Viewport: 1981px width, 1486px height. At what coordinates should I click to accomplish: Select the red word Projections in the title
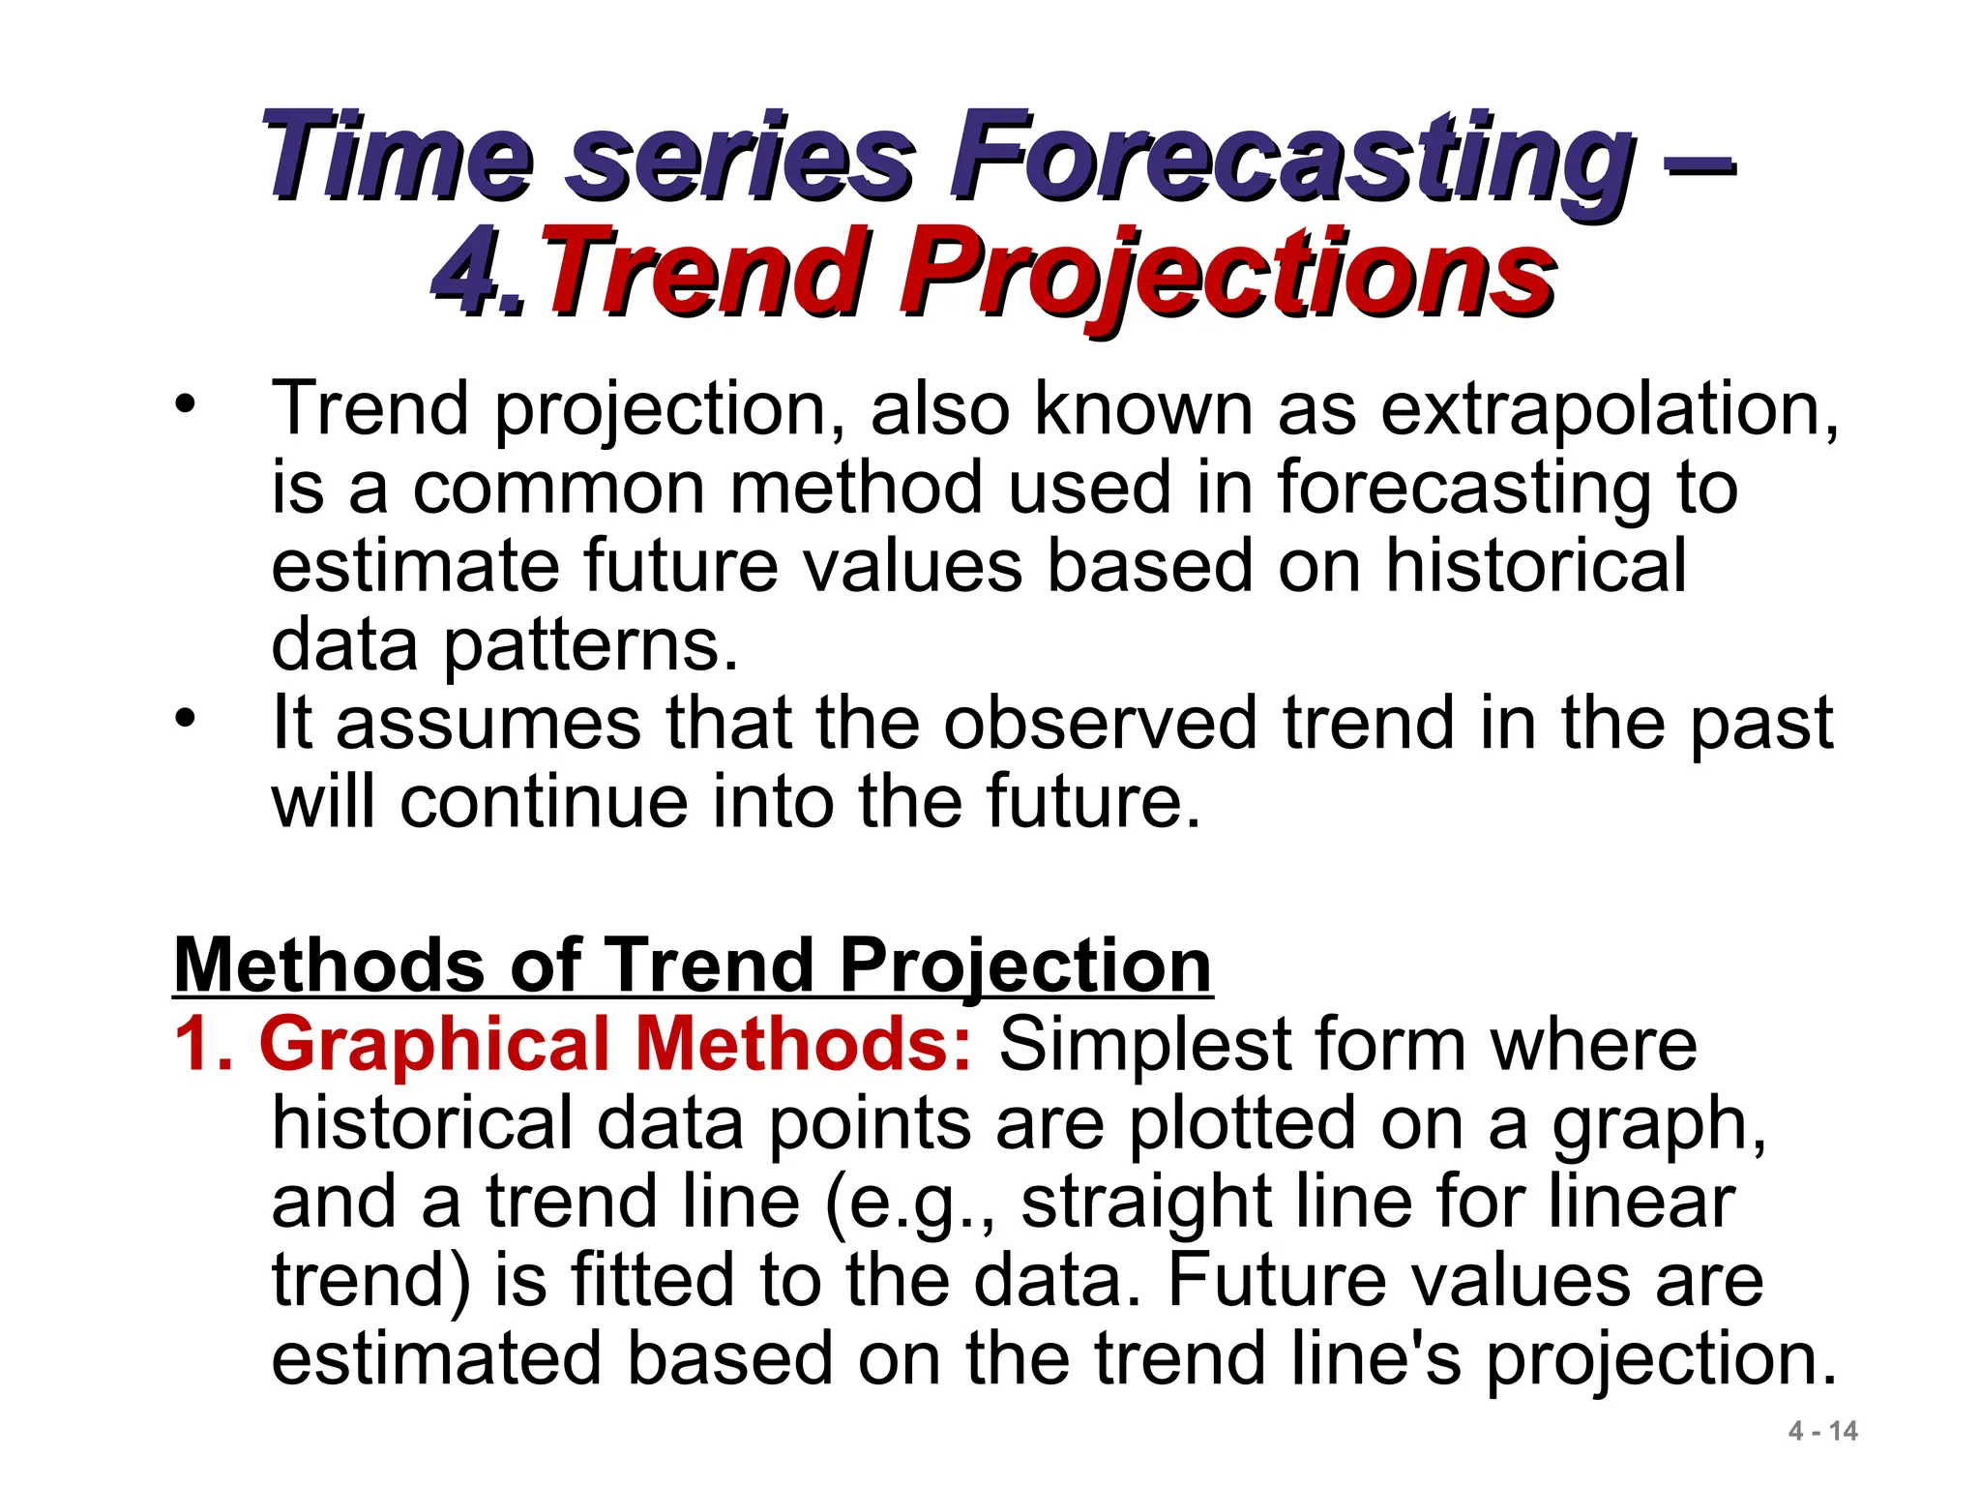(x=1228, y=273)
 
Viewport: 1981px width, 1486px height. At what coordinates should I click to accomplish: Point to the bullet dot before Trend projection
(x=185, y=403)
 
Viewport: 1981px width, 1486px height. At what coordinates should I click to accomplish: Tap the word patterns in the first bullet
(x=590, y=645)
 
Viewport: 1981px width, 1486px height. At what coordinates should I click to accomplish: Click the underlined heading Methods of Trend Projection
(x=693, y=966)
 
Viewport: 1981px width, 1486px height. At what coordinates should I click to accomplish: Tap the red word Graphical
(x=434, y=1045)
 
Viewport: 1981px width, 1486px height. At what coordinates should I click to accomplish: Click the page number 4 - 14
(x=1822, y=1431)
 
